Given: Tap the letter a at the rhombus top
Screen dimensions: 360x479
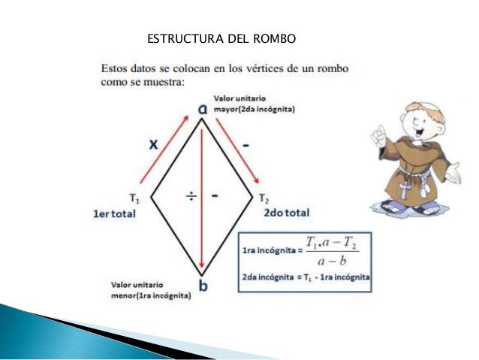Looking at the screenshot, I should click(203, 110).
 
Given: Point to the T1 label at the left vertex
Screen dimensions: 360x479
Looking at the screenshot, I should click(134, 199).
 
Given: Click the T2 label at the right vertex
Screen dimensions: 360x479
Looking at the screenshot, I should click(264, 199).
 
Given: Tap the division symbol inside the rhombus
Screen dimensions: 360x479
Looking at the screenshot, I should click(191, 196).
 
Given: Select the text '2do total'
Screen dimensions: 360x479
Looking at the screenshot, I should click(286, 213).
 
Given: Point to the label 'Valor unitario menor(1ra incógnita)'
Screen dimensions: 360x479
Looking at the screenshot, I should click(151, 291).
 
